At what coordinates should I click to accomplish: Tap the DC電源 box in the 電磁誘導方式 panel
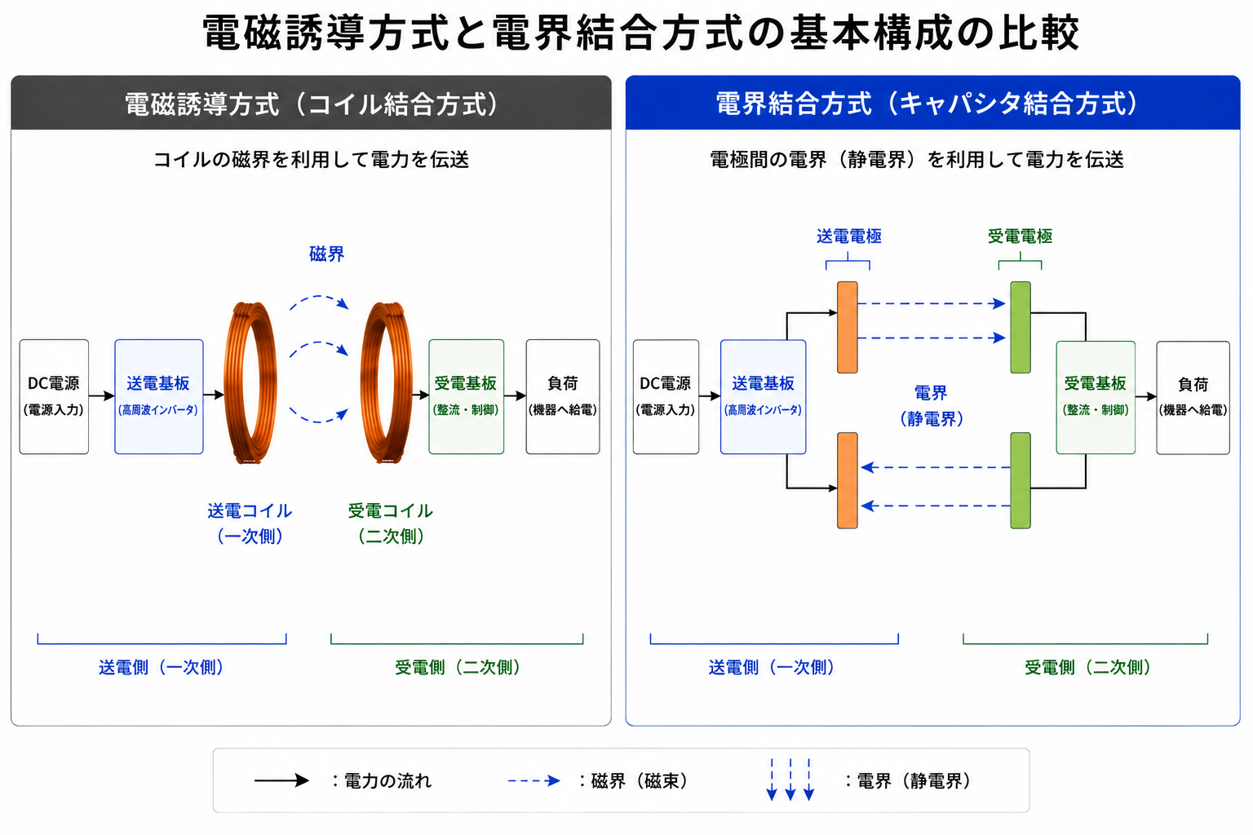point(54,396)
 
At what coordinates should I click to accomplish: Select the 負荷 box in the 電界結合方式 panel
point(1193,398)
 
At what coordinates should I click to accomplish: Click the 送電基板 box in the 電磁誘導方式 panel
point(159,396)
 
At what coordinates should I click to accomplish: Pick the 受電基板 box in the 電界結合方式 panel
point(1096,398)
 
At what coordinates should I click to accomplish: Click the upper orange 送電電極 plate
point(848,327)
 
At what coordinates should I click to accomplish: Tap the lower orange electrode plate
point(848,480)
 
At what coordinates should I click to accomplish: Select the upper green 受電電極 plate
point(1021,327)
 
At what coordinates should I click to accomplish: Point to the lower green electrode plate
point(1021,480)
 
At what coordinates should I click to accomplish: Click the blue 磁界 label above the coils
point(326,254)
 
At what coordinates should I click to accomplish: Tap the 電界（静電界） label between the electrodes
point(932,405)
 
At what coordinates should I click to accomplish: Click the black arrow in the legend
point(281,780)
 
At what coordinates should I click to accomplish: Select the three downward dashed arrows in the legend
point(790,780)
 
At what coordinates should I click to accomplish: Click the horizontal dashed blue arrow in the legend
point(534,780)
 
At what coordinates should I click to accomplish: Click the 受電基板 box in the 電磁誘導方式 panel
point(466,396)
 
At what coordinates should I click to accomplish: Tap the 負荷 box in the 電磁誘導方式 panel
point(563,396)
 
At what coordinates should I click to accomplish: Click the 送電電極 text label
point(849,236)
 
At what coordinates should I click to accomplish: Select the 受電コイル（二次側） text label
point(391,524)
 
